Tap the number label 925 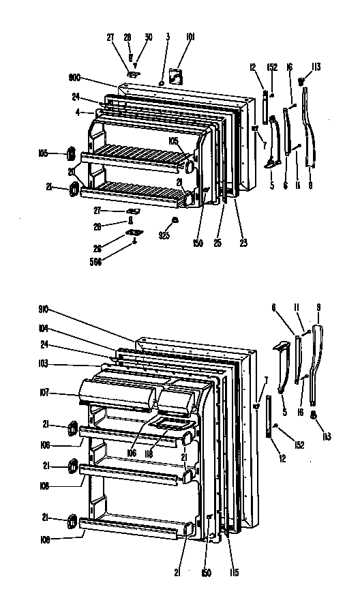164,235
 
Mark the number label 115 234,572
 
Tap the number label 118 148,453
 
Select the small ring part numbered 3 161,83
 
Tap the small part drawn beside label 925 175,220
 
